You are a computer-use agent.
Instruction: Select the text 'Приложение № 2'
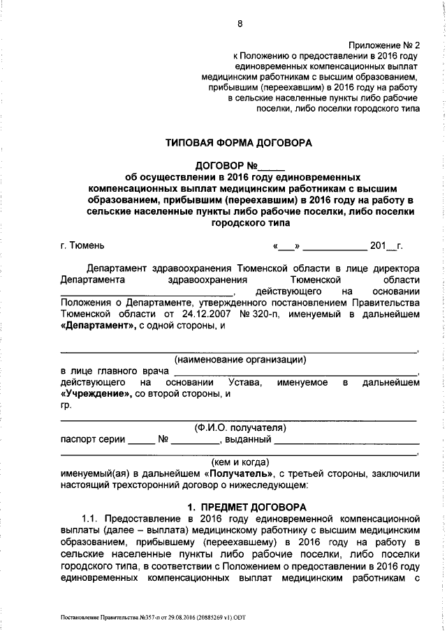coord(384,43)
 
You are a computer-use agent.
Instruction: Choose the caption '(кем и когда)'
coord(239,462)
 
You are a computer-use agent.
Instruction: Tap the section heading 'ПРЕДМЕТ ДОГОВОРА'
coord(248,506)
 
